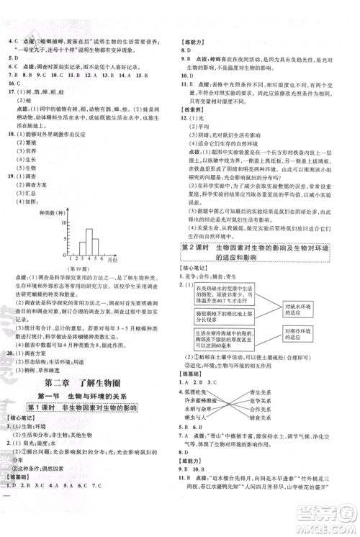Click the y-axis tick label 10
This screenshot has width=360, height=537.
pyautogui.click(x=64, y=222)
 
